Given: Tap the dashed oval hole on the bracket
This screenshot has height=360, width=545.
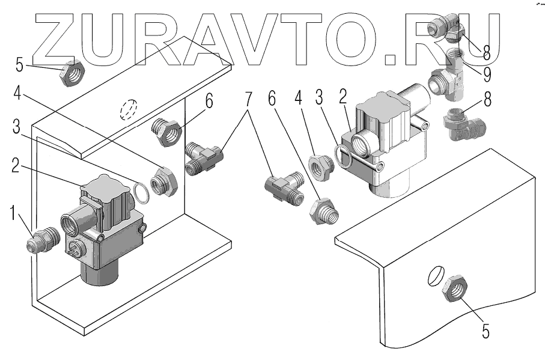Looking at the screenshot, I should coord(129,111).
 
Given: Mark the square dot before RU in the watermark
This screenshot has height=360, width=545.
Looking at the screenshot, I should coord(391,58).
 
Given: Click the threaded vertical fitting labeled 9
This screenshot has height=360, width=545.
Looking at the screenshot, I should coord(460,61).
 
